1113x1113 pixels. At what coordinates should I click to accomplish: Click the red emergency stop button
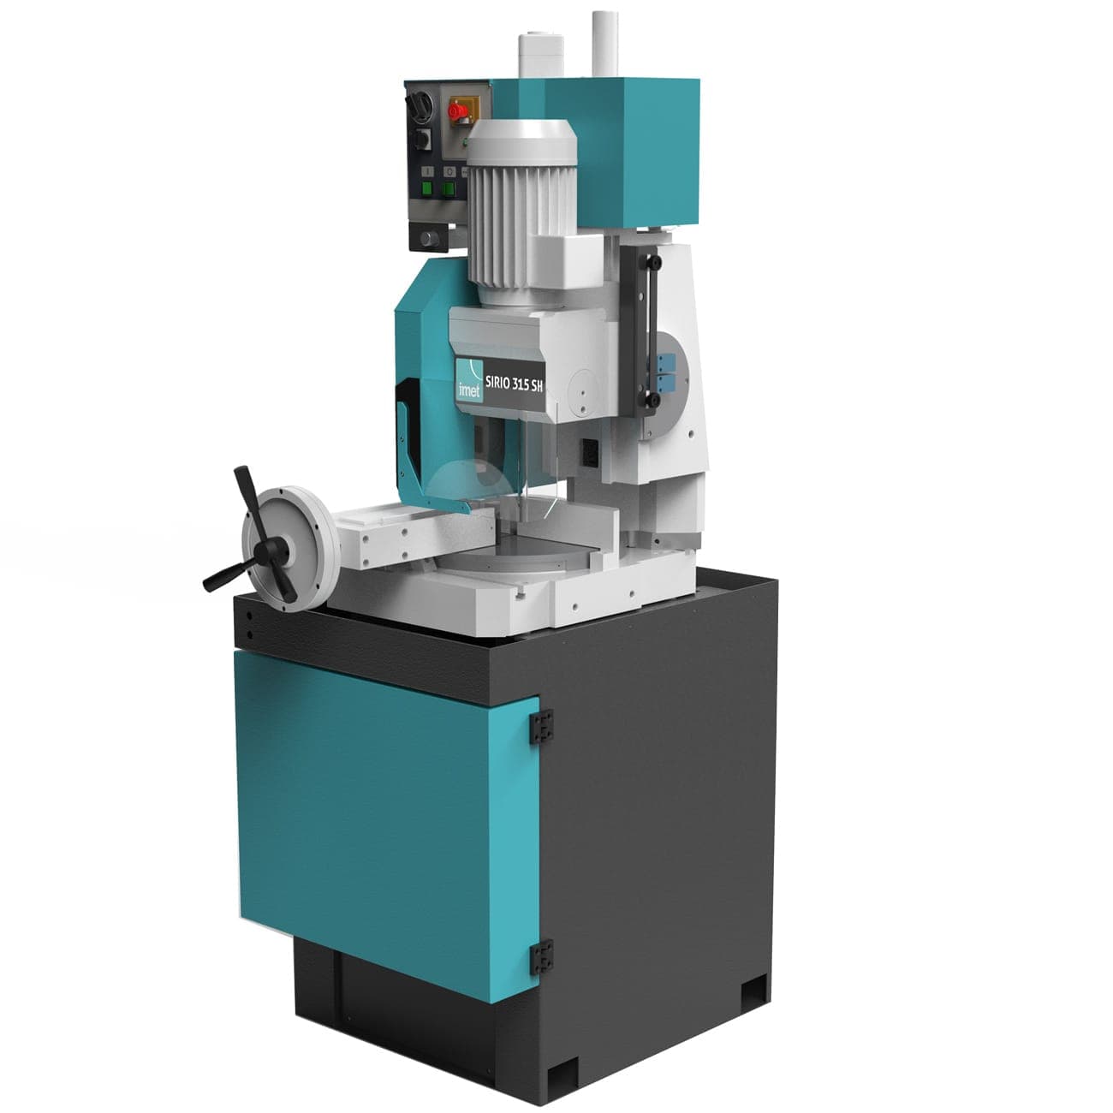pyautogui.click(x=457, y=110)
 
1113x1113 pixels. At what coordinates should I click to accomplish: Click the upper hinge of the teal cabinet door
pyautogui.click(x=539, y=725)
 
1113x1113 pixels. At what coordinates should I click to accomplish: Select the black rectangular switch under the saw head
pyautogui.click(x=589, y=450)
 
